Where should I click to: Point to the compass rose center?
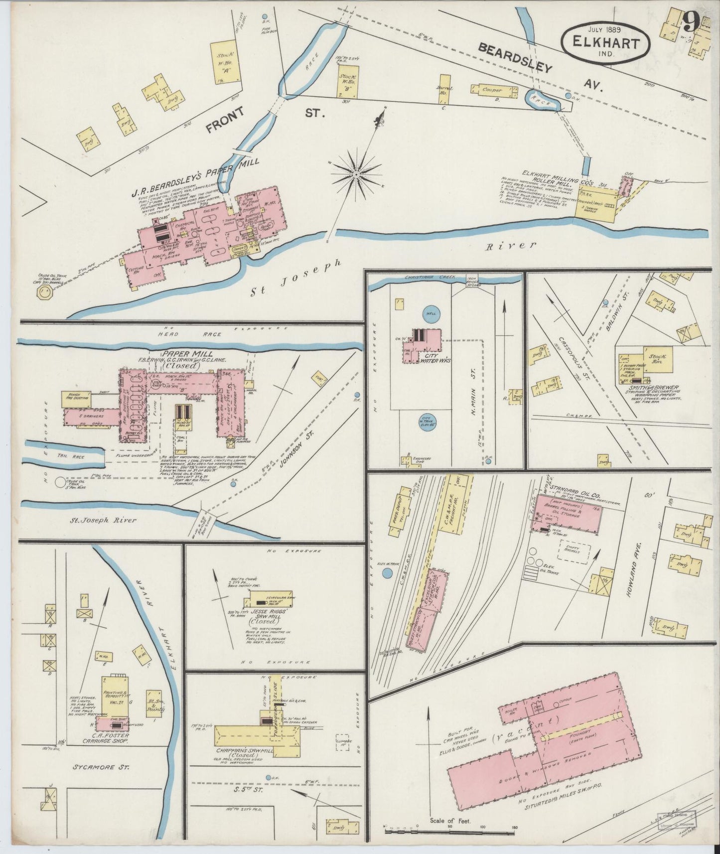point(356,174)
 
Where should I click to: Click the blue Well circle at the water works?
point(430,313)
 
